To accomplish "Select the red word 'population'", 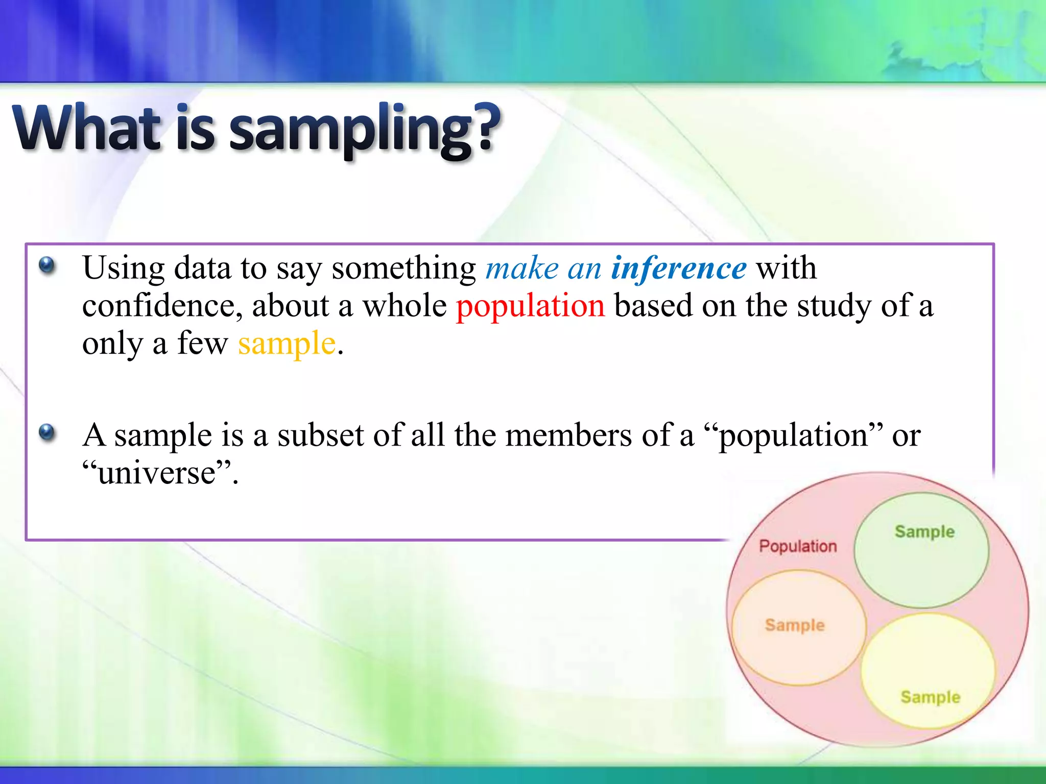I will click(x=530, y=306).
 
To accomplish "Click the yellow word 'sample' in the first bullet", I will click(x=287, y=344).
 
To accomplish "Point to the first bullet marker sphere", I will click(x=46, y=265).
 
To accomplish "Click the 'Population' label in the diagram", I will click(x=798, y=546).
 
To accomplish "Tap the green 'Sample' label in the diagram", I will click(x=924, y=531).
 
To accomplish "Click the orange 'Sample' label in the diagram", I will click(x=795, y=625).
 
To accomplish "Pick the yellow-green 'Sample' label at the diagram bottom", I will click(x=930, y=697).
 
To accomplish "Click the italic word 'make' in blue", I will click(x=521, y=268).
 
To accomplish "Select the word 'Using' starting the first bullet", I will click(x=124, y=268).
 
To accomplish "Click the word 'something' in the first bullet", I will click(x=403, y=268).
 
